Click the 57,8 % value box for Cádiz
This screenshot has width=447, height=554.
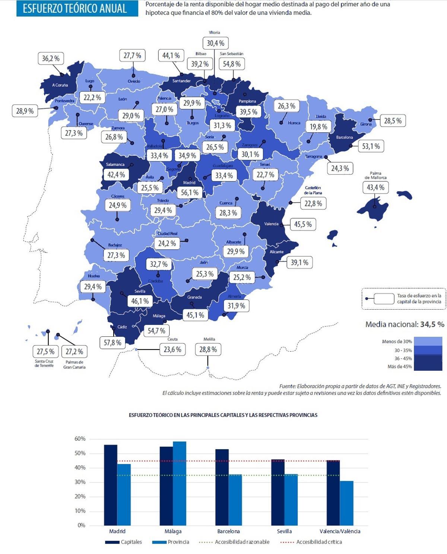click(x=112, y=342)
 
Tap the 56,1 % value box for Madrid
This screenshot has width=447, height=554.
click(x=190, y=193)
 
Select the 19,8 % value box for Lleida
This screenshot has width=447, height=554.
click(x=318, y=127)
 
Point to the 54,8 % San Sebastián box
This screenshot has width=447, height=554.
click(x=232, y=64)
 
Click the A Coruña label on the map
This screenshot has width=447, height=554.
click(x=60, y=85)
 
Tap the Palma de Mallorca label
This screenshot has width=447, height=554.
click(x=375, y=175)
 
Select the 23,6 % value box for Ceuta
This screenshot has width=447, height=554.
click(x=172, y=349)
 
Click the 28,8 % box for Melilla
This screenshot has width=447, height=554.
click(x=208, y=349)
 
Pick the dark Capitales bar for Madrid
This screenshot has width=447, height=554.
click(x=111, y=485)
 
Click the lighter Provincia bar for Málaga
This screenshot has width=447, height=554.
click(x=180, y=483)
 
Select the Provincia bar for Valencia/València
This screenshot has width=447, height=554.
click(x=346, y=503)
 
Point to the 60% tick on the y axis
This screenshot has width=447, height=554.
click(x=80, y=439)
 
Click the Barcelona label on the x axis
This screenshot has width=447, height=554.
click(x=228, y=531)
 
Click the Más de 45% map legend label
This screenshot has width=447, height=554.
click(x=400, y=367)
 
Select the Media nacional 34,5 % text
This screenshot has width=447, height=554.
click(x=405, y=325)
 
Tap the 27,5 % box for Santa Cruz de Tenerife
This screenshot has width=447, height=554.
click(x=45, y=351)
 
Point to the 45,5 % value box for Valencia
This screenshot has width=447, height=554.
click(x=303, y=224)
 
